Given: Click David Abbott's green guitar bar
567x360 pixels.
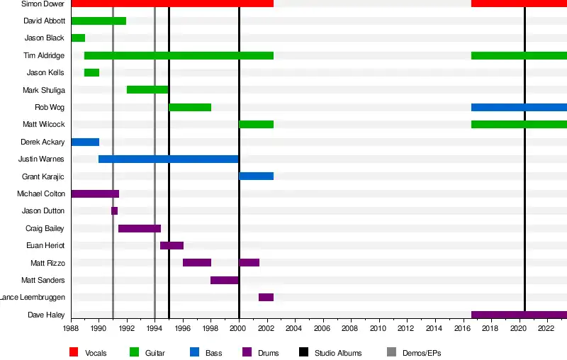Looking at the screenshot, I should coord(99,21).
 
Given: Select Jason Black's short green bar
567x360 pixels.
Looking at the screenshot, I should coord(78,38).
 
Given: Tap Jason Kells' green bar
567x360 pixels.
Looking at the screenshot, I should coord(91,72).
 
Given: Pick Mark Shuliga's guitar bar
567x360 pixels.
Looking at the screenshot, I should coord(147,89).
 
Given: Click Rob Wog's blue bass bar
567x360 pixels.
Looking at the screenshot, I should coord(519,107).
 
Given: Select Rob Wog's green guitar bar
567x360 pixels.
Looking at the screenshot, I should coord(190,107).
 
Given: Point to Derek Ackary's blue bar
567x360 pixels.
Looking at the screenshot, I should coord(85,142).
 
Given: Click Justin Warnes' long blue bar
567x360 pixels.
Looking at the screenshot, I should coord(169,159).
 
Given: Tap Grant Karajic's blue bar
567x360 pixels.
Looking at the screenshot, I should coord(256,176).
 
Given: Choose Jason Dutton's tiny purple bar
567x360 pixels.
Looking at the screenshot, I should coord(114,210).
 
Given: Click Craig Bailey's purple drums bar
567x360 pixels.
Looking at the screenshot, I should coord(140,228).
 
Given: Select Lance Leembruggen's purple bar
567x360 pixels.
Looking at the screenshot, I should coord(266,297).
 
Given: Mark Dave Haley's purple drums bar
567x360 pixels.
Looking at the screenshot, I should coord(519,315).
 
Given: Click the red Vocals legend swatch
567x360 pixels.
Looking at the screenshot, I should coord(74,352).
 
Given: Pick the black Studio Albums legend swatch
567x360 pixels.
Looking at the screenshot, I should coord(303,352).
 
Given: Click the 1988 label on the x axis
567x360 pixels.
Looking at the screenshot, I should coord(71,330).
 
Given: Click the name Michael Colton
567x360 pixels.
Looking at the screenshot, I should coord(41,193).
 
